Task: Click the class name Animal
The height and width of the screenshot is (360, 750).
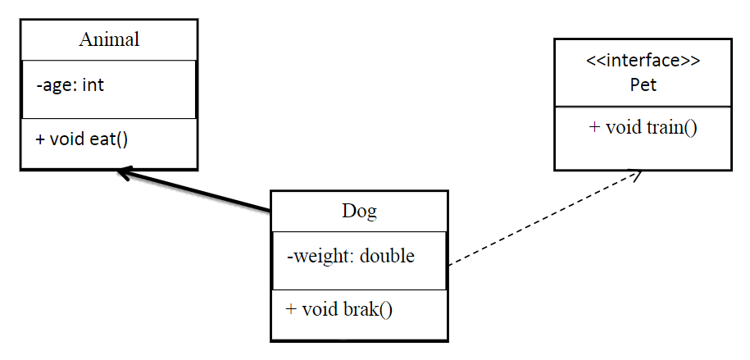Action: click(x=109, y=39)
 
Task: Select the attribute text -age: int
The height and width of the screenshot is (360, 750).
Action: click(x=70, y=84)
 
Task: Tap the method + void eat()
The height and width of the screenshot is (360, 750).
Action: click(x=82, y=138)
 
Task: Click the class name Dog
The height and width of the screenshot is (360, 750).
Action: click(x=359, y=211)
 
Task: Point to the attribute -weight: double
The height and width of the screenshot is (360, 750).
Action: click(x=351, y=256)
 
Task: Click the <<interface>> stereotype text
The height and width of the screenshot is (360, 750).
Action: click(x=643, y=61)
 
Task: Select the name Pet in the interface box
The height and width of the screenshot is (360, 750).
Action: click(x=643, y=84)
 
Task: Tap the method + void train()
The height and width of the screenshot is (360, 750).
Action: click(x=643, y=128)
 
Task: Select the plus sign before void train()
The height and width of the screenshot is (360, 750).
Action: click(x=594, y=128)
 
